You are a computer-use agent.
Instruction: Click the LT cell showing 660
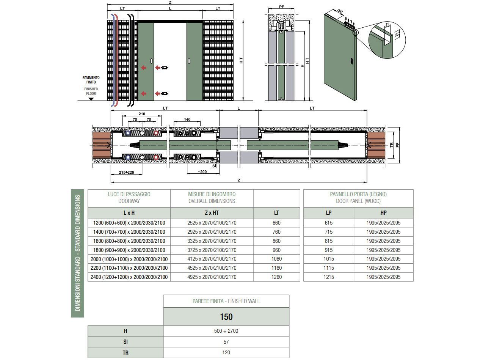[x=276, y=223]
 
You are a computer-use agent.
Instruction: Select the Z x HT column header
[x=212, y=213]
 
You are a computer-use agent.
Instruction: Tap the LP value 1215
[x=329, y=277]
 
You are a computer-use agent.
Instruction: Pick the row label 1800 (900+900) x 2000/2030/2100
[x=129, y=250]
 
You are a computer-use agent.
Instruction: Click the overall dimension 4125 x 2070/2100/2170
[x=212, y=259]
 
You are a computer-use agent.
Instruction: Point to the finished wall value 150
[x=226, y=317]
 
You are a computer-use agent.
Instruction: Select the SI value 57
[x=226, y=342]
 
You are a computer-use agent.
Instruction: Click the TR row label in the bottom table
[x=125, y=352]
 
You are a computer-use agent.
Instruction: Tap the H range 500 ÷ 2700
[x=226, y=331]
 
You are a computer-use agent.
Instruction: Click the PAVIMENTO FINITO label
[x=91, y=80]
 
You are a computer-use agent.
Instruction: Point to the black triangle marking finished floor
[x=91, y=99]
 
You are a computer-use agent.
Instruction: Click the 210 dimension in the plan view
[x=142, y=114]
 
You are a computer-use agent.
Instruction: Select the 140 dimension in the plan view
[x=187, y=119]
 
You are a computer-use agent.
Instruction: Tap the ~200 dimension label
[x=202, y=172]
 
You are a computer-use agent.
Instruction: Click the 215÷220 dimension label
[x=126, y=173]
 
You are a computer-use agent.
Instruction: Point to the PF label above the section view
[x=281, y=7]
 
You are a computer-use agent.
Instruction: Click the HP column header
[x=383, y=213]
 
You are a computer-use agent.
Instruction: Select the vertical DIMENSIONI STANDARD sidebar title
[x=78, y=253]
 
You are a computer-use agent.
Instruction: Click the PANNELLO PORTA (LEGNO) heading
[x=358, y=197]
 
